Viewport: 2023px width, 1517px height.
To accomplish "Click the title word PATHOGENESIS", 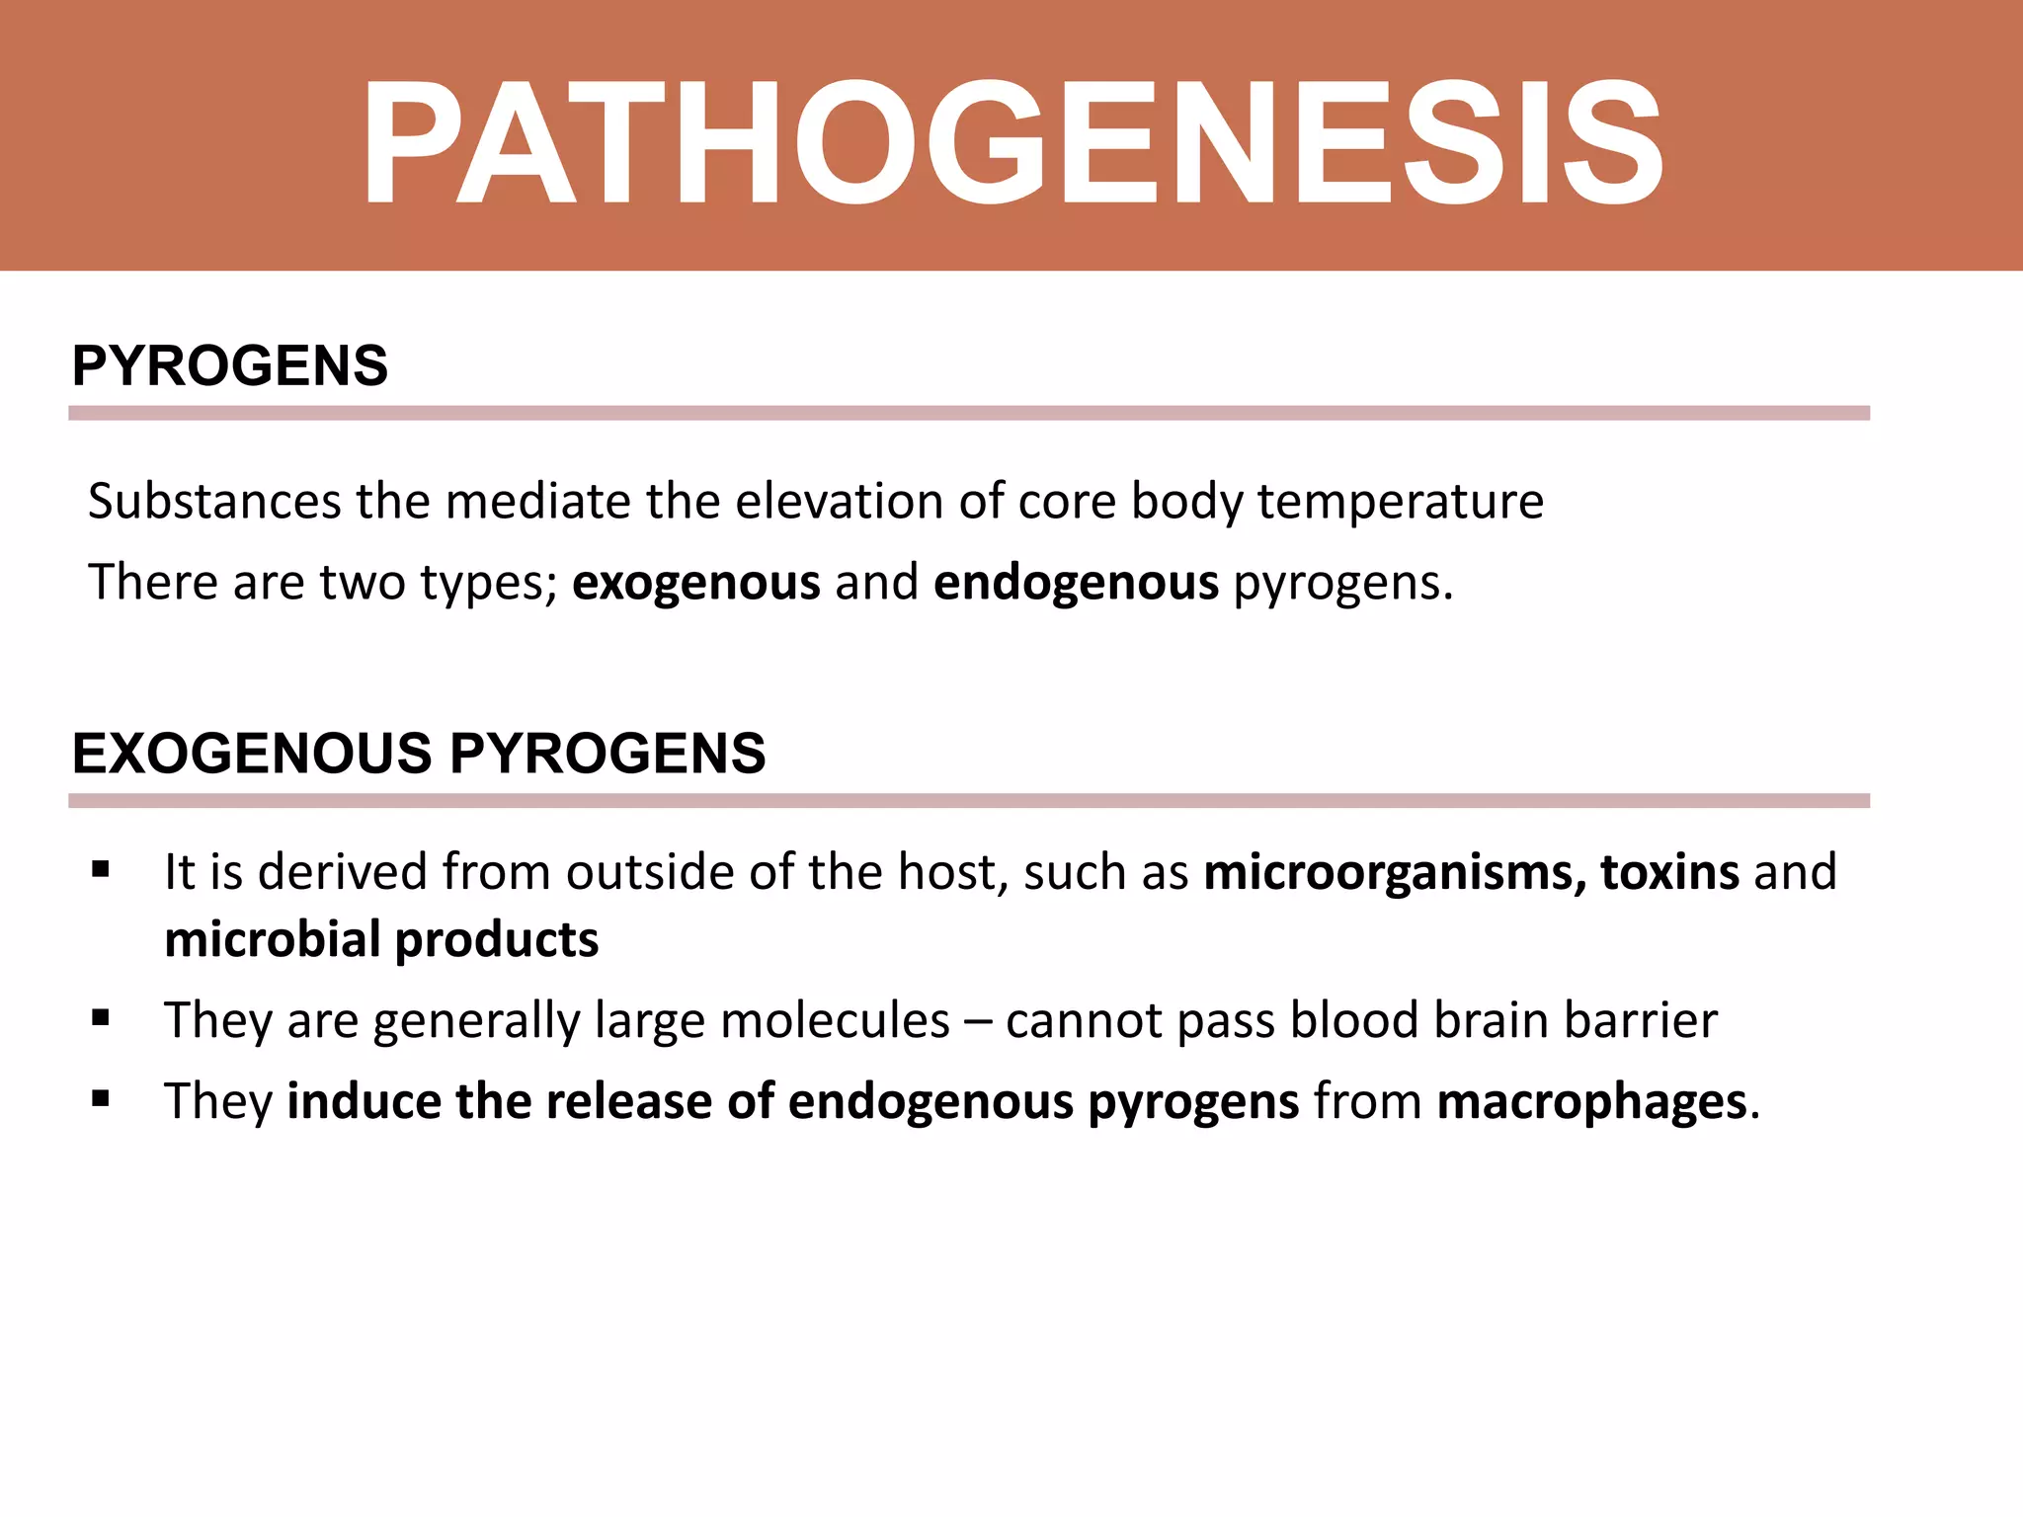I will [x=1011, y=143].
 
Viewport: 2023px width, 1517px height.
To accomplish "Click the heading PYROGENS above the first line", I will [x=229, y=365].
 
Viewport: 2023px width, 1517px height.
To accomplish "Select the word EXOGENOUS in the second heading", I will [x=252, y=754].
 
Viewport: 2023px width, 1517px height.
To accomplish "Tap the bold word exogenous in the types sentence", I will [x=695, y=582].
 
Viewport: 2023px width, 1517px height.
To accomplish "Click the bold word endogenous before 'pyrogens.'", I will [x=1076, y=582].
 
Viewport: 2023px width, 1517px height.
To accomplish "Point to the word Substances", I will [x=214, y=501].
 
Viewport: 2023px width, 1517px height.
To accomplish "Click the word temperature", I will [x=1400, y=501].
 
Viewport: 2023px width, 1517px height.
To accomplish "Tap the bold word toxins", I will [x=1669, y=872].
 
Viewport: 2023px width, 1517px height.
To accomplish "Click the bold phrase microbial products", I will [x=381, y=939].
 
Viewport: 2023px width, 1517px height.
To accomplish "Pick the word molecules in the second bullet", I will [x=835, y=1020].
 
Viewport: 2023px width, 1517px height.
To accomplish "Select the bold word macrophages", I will [x=1591, y=1101].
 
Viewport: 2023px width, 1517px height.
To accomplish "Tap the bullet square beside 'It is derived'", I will [x=100, y=870].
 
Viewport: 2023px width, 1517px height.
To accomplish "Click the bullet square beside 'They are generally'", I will [x=100, y=1018].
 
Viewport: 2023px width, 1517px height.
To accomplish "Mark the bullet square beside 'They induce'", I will [x=100, y=1099].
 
